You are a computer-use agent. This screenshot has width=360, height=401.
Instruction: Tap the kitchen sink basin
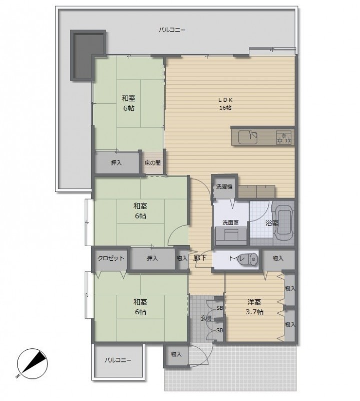click(x=247, y=137)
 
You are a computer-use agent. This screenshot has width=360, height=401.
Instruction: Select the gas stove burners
click(x=283, y=137)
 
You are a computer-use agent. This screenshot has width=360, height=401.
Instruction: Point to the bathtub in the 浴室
click(x=284, y=223)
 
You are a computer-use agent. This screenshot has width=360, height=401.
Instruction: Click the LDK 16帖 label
click(x=225, y=104)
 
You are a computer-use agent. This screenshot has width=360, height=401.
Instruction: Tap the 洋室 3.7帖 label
click(x=254, y=307)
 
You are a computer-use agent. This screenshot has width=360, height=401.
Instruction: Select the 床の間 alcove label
click(x=153, y=162)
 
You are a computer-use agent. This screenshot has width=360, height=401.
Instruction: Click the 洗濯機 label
click(x=224, y=186)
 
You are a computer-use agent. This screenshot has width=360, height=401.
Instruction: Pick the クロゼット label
click(x=111, y=258)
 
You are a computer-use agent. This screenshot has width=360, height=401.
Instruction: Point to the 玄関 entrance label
click(x=206, y=318)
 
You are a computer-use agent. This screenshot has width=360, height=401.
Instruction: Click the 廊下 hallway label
click(x=200, y=258)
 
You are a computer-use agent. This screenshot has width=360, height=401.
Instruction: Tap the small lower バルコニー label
click(x=118, y=360)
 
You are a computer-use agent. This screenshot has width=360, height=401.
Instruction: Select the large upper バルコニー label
click(x=172, y=30)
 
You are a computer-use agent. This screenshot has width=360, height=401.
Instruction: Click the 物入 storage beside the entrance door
click(x=176, y=355)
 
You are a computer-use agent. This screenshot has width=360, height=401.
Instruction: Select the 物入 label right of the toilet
click(x=278, y=258)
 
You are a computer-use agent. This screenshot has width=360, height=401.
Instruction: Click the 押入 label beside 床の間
click(x=117, y=162)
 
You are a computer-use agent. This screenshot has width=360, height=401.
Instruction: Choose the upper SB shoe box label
click(x=220, y=308)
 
